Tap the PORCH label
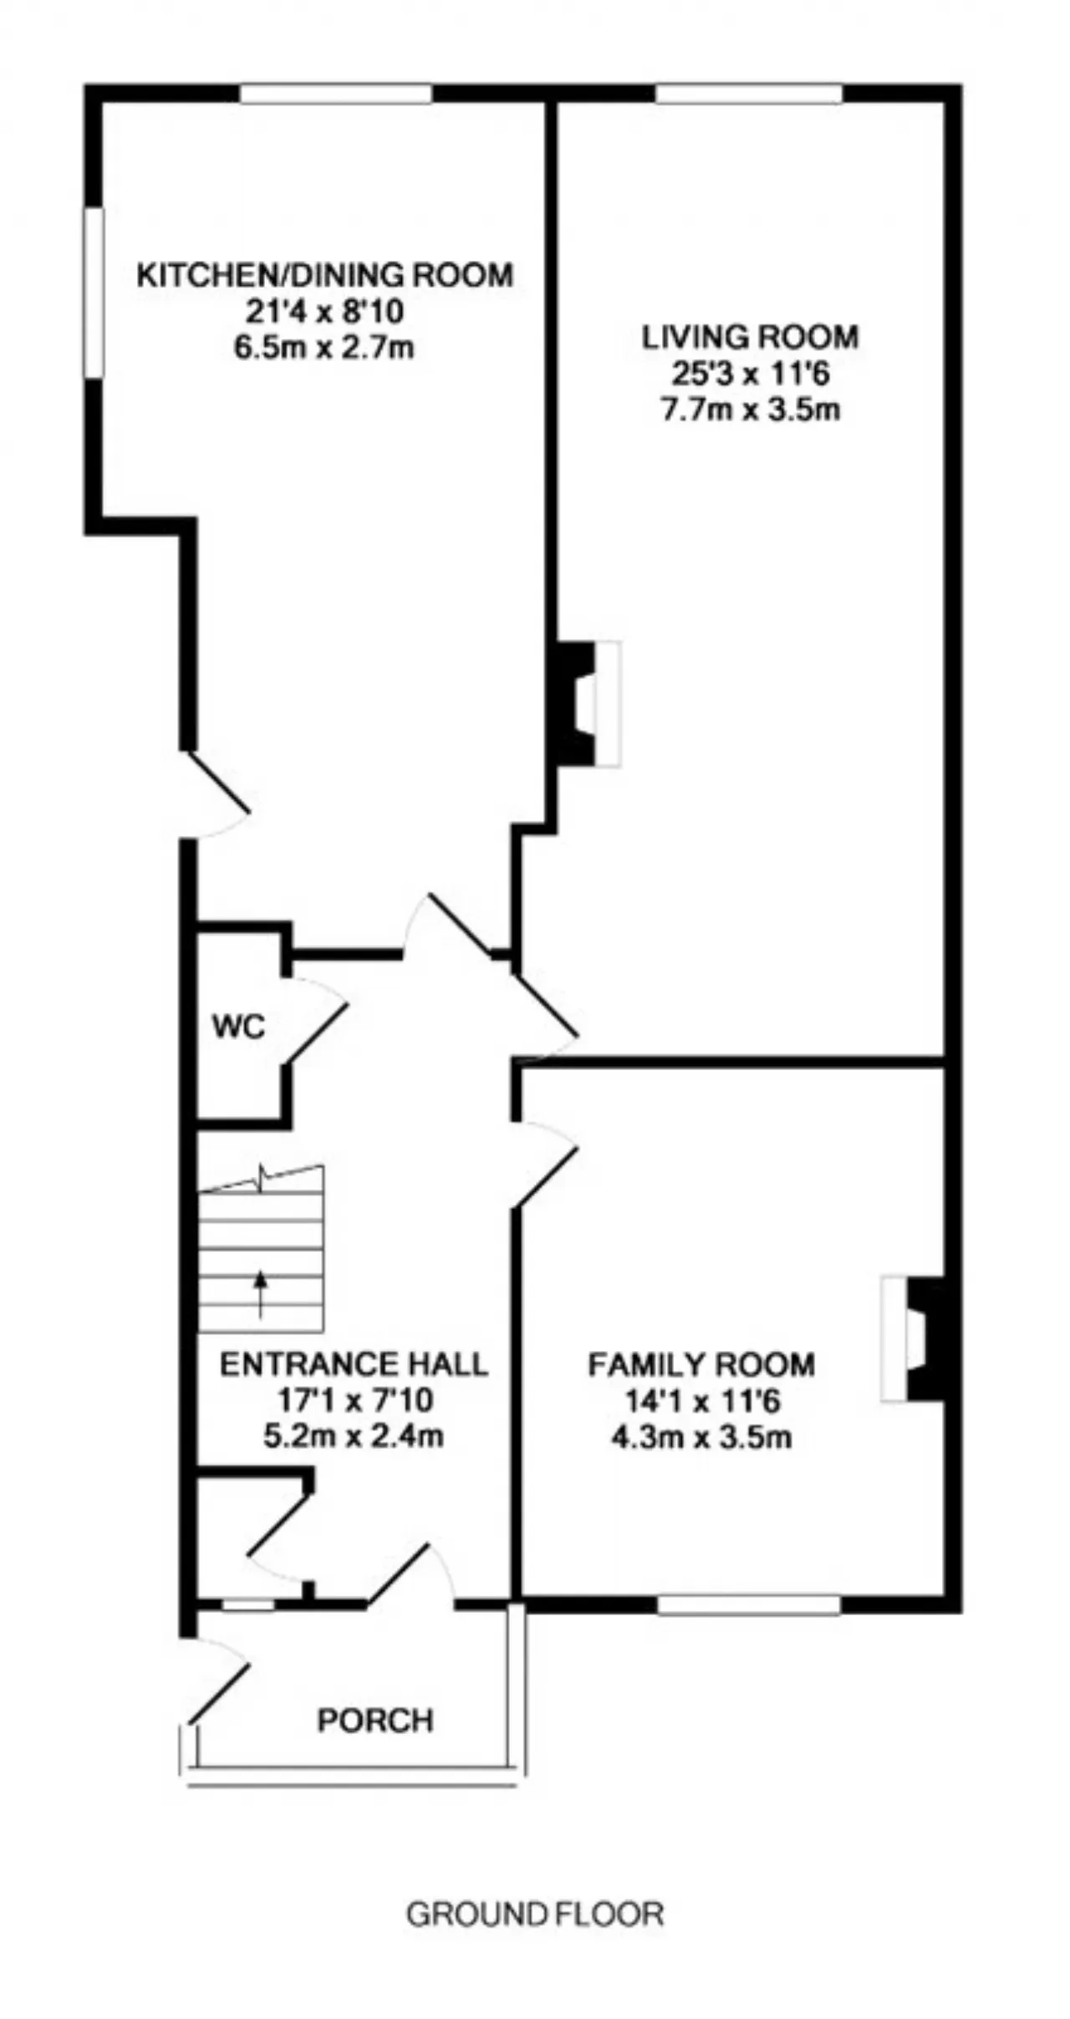(375, 1720)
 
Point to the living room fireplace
(585, 703)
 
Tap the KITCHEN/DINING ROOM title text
(324, 275)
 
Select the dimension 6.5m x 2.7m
(324, 347)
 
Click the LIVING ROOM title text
(750, 337)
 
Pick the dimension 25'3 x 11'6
(750, 373)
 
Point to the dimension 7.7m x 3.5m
(750, 410)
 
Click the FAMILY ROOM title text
(701, 1364)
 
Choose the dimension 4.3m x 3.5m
(701, 1437)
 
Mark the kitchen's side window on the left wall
(94, 293)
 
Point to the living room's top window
(749, 93)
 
